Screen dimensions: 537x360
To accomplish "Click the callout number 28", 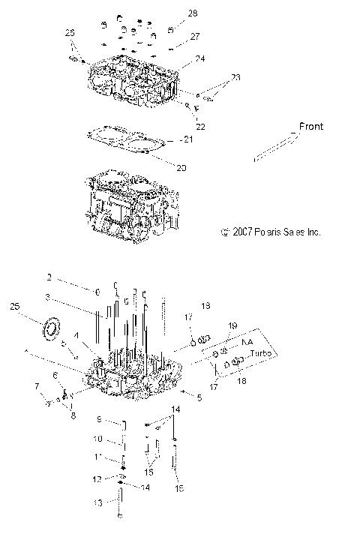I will (193, 13).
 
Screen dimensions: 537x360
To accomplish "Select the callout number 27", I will (194, 36).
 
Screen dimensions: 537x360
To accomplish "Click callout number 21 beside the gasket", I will (188, 140).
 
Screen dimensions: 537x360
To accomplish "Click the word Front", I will (310, 127).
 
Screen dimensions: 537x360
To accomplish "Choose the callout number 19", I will (232, 325).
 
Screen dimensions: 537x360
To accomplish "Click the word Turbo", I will (259, 352).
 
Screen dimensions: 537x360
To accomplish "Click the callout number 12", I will (97, 478).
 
